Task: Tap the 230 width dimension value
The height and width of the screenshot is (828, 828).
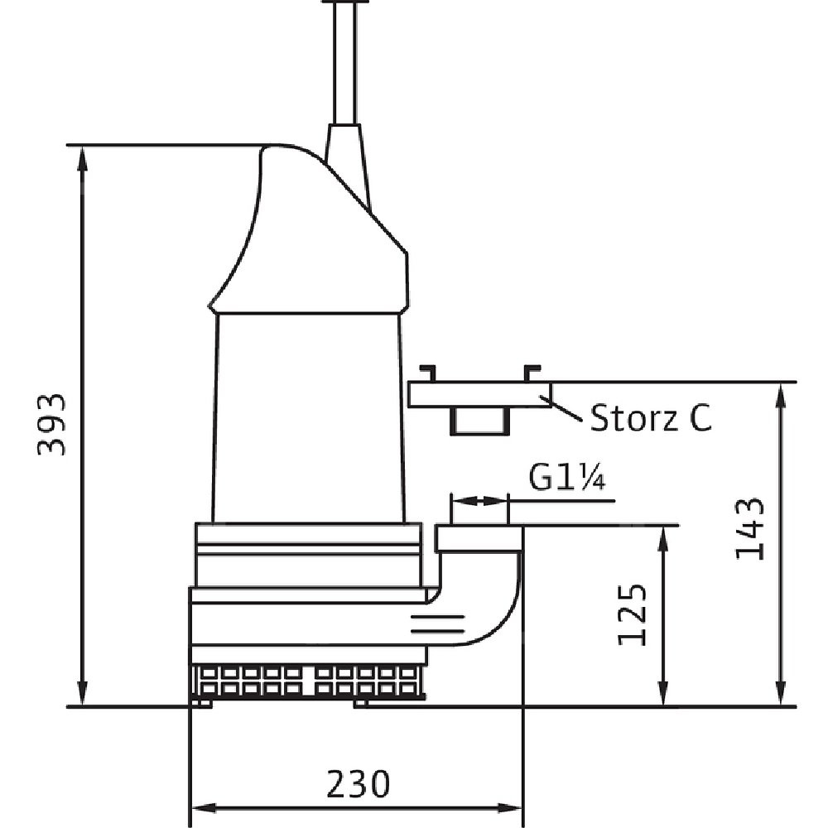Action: pyautogui.click(x=359, y=783)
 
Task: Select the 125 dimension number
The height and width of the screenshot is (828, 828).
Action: pyautogui.click(x=632, y=614)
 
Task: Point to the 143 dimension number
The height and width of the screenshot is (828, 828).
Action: pyautogui.click(x=750, y=529)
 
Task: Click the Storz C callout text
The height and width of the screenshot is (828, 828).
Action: pyautogui.click(x=651, y=417)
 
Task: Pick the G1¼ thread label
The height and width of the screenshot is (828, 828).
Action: pyautogui.click(x=567, y=479)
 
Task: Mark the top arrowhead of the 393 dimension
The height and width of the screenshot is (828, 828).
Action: pyautogui.click(x=82, y=159)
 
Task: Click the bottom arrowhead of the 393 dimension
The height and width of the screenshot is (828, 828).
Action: pyautogui.click(x=82, y=692)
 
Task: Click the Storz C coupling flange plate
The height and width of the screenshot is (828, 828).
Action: pyautogui.click(x=480, y=394)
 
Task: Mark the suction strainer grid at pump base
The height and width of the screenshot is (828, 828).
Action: pyautogui.click(x=308, y=681)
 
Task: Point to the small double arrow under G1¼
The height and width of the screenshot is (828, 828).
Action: pyautogui.click(x=479, y=500)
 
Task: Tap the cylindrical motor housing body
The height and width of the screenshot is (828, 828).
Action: pyautogui.click(x=308, y=417)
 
